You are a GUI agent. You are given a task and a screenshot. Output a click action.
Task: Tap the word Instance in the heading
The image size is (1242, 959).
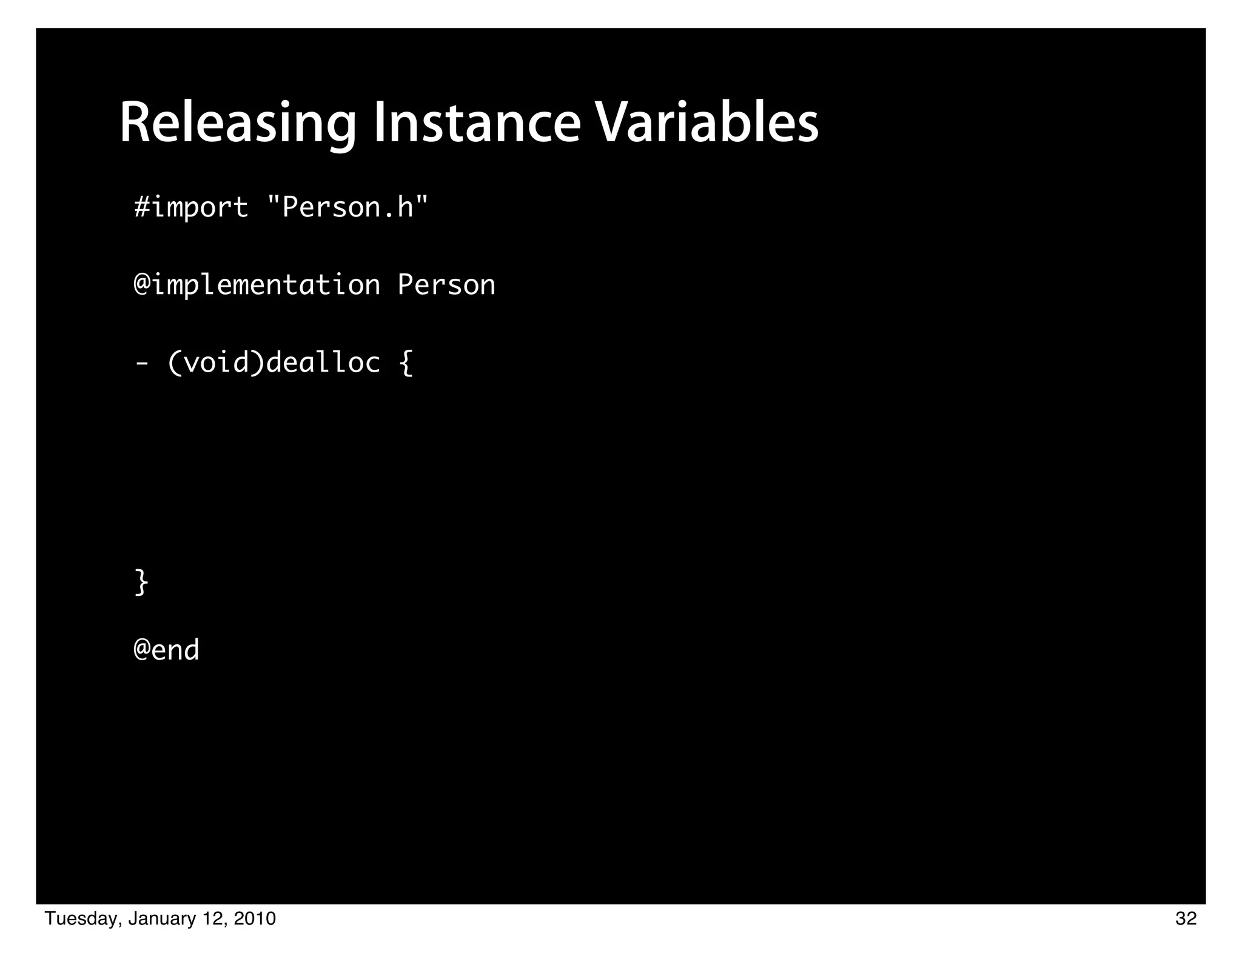pyautogui.click(x=477, y=124)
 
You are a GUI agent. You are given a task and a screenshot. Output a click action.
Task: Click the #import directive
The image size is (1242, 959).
pyautogui.click(x=191, y=208)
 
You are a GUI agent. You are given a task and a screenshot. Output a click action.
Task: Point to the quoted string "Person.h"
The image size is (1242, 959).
pyautogui.click(x=347, y=207)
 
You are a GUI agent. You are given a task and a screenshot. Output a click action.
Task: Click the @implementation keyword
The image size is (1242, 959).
pyautogui.click(x=257, y=285)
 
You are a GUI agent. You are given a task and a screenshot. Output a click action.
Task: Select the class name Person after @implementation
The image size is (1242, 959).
pyautogui.click(x=446, y=285)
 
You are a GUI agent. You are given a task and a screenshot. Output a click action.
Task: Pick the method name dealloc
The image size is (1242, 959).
pyautogui.click(x=323, y=363)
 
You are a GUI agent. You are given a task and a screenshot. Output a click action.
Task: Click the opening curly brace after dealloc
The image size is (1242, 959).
pyautogui.click(x=406, y=363)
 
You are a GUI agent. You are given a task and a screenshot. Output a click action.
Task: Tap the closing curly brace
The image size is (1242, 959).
pyautogui.click(x=141, y=582)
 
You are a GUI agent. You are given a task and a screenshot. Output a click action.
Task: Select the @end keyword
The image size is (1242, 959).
pyautogui.click(x=166, y=650)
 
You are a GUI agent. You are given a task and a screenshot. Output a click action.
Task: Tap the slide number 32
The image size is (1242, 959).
pyautogui.click(x=1186, y=919)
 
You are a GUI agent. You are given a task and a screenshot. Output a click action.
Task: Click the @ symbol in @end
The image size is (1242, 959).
pyautogui.click(x=142, y=650)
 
